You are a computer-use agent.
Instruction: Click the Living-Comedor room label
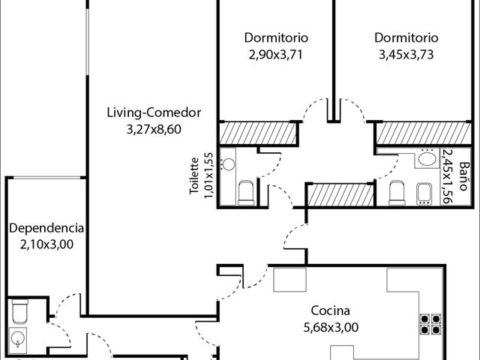[x=154, y=112]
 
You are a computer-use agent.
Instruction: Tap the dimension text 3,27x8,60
[x=154, y=129]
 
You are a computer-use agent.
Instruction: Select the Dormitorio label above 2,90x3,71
[x=276, y=37]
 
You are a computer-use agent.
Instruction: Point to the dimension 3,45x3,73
[x=406, y=55]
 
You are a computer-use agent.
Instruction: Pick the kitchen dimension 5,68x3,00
[x=331, y=327]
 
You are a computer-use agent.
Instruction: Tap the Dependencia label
[x=46, y=228]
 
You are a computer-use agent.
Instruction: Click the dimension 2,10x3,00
[x=46, y=244]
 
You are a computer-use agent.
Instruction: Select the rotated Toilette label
[x=194, y=176]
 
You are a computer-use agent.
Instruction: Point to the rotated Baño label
[x=464, y=176]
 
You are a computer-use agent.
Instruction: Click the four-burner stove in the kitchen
[x=430, y=324]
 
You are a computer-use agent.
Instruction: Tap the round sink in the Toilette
[x=228, y=164]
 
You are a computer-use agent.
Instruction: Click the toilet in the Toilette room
[x=246, y=193]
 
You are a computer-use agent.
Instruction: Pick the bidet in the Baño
[x=424, y=194]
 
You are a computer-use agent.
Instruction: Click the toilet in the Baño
[x=397, y=193]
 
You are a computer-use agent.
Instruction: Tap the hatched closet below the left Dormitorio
[x=258, y=133]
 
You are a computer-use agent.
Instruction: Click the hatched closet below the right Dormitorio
[x=424, y=133]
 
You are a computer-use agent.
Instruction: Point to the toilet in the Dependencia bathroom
[x=20, y=311]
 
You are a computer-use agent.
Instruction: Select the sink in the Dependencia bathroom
[x=18, y=338]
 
